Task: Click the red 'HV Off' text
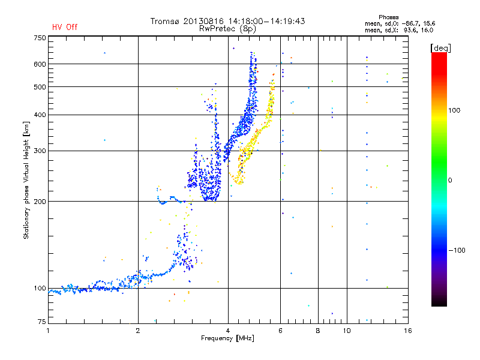(x=64, y=27)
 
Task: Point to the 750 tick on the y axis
(x=40, y=38)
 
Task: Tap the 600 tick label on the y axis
(x=40, y=64)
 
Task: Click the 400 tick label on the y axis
(x=40, y=115)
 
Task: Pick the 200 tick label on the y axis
(x=40, y=201)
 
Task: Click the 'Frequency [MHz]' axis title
(x=227, y=338)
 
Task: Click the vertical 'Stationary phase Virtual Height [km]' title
(x=26, y=180)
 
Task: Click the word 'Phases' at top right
(x=389, y=17)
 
